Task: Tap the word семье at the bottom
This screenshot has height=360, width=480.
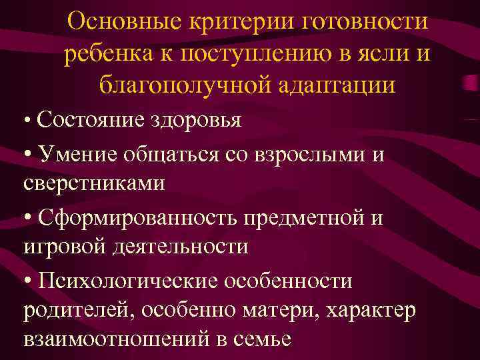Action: tap(263, 339)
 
